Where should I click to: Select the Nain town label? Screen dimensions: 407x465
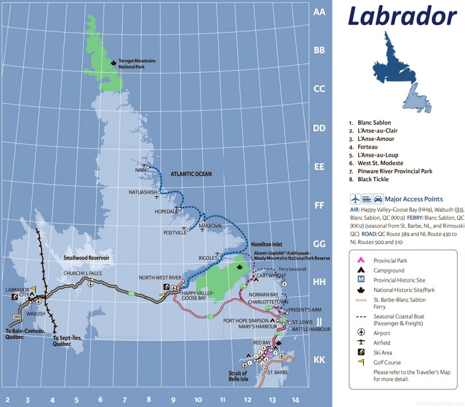[139, 169]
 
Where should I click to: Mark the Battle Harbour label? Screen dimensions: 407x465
[310, 329]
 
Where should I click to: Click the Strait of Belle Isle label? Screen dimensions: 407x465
[238, 376]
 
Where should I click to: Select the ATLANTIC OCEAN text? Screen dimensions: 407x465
[191, 174]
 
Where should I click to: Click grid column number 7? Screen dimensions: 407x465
[124, 400]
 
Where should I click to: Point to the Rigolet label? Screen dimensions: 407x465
[207, 257]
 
